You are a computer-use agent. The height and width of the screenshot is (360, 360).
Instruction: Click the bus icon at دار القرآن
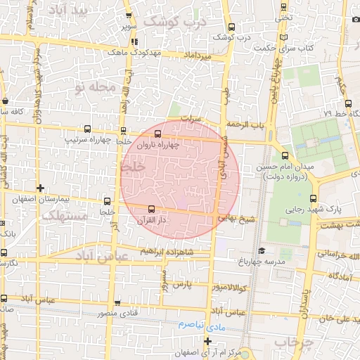[151, 209]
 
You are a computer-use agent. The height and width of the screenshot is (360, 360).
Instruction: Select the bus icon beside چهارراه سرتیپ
[87, 129]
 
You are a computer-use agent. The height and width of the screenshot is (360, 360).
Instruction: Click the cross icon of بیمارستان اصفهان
[40, 188]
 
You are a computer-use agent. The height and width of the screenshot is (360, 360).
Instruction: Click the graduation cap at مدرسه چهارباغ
[262, 250]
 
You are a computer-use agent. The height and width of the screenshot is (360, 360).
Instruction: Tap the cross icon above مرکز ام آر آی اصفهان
[207, 342]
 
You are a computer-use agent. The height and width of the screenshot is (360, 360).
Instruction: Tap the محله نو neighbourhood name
[92, 87]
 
